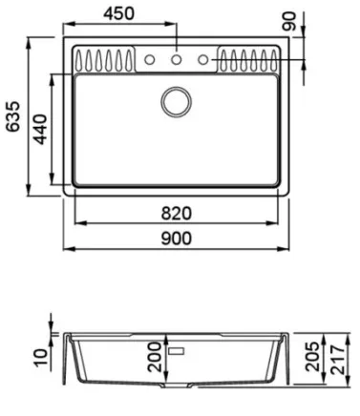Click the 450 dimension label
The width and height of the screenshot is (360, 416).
(118, 13)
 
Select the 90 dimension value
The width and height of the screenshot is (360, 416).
(289, 21)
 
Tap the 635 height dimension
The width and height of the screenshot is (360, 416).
(13, 116)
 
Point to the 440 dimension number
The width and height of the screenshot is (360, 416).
(40, 129)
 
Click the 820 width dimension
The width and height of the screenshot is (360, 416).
(176, 213)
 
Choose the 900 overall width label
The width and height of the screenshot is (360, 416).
(176, 239)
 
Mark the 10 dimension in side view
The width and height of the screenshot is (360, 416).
(40, 358)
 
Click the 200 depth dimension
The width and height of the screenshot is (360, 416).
(155, 357)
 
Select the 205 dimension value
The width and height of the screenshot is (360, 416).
(312, 356)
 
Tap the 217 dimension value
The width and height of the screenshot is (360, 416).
(337, 359)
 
